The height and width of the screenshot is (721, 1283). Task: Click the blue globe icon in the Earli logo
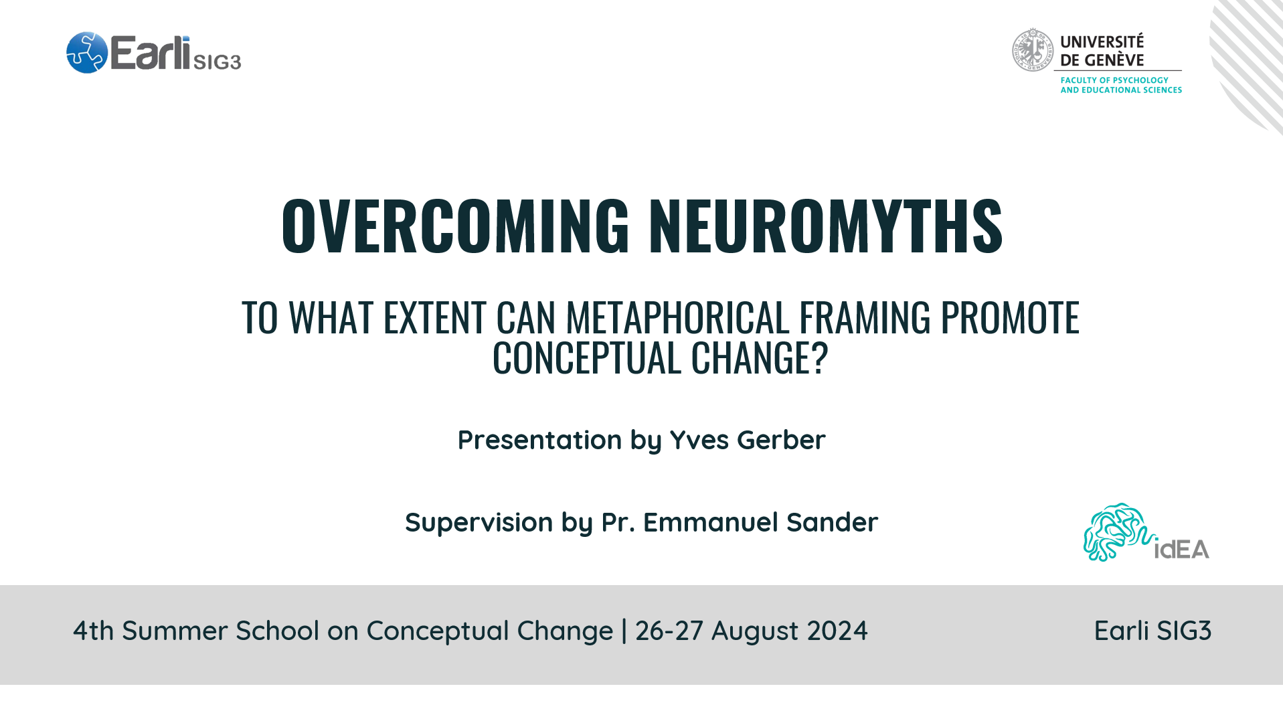point(87,52)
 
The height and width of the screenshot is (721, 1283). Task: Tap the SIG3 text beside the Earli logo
point(217,62)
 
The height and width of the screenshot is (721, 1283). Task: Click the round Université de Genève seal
point(1032,50)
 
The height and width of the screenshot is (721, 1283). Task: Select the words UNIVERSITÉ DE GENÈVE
point(1102,51)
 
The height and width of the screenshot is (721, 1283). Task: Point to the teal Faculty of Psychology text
point(1121,85)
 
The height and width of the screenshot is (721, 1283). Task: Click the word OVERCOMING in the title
point(456,226)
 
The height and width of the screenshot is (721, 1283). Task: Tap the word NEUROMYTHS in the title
point(826,226)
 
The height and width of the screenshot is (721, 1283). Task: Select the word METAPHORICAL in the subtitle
point(677,317)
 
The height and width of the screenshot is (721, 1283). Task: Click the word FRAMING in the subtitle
point(865,317)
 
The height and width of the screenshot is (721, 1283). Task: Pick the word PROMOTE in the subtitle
point(1010,317)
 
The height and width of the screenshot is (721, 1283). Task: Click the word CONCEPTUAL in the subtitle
point(587,357)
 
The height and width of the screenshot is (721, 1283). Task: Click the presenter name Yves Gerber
point(748,440)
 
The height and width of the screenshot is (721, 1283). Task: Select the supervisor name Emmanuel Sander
point(760,522)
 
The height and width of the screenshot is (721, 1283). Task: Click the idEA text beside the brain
point(1182,550)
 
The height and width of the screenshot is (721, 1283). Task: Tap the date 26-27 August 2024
point(751,631)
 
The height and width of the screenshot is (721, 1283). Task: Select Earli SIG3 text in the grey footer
point(1152,631)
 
